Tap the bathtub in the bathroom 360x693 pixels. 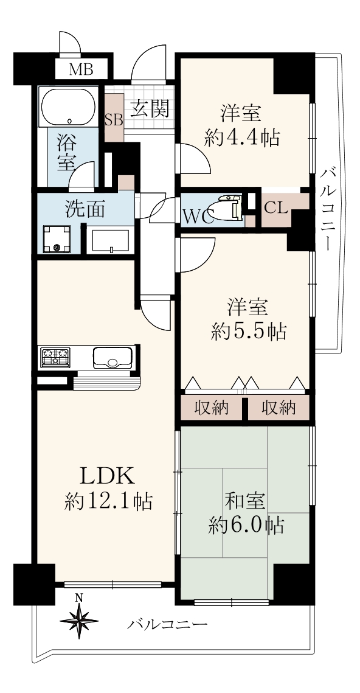pyautogui.click(x=68, y=106)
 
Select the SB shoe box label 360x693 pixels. pyautogui.click(x=114, y=120)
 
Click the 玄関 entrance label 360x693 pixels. pyautogui.click(x=150, y=108)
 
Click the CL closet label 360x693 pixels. pyautogui.click(x=276, y=207)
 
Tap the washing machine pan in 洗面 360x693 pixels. pyautogui.click(x=57, y=240)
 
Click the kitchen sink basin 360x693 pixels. pyautogui.click(x=112, y=357)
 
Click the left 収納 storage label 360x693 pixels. pyautogui.click(x=212, y=408)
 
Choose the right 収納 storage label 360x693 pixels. pyautogui.click(x=279, y=408)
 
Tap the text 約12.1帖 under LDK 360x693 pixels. pyautogui.click(x=108, y=502)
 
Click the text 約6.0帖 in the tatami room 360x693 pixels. pyautogui.click(x=246, y=526)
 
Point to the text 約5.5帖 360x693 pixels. pyautogui.click(x=249, y=330)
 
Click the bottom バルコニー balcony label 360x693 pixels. pyautogui.click(x=167, y=624)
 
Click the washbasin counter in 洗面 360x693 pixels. pyautogui.click(x=109, y=241)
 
